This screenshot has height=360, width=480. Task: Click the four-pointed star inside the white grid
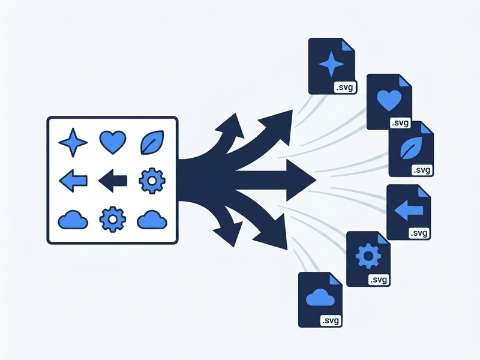pos(73,143)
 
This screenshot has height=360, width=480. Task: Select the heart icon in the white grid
pos(113,142)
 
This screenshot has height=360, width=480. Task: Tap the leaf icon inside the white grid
pos(152,142)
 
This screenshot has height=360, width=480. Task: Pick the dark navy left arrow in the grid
pos(113,181)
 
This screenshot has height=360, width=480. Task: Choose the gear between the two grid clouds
pos(113,219)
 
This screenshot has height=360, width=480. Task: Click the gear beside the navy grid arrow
pos(152,181)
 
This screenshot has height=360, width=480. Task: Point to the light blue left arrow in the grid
pos(73,181)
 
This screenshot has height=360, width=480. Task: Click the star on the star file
pos(331,64)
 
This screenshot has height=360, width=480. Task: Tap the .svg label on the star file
pos(344,88)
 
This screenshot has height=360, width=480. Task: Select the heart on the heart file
pos(389,100)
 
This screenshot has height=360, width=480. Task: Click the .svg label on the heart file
pos(400,123)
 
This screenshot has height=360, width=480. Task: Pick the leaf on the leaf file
pos(411,148)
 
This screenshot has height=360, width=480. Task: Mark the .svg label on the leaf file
pos(422,170)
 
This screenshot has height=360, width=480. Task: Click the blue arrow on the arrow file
pos(409,210)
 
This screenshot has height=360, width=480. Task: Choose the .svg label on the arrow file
pos(418,233)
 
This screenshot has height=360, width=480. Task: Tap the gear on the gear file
pos(368,256)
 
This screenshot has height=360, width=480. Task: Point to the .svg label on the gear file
pos(379,280)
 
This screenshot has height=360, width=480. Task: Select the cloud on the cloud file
pos(320,297)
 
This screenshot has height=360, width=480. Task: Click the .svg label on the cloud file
pos(331,321)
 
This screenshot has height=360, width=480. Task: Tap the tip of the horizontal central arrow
pos(316,180)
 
